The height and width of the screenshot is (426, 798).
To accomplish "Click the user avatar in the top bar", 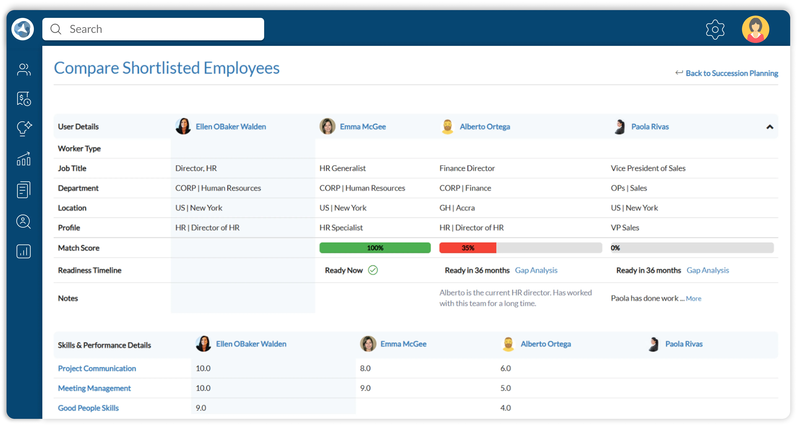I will [755, 29].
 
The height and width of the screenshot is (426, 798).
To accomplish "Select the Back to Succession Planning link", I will [732, 73].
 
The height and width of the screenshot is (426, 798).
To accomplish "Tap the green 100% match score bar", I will [375, 248].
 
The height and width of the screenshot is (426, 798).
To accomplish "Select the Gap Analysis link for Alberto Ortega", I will [536, 270].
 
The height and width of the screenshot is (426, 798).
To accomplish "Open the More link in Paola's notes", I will [693, 299].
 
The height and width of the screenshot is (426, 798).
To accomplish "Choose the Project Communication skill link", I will [97, 368].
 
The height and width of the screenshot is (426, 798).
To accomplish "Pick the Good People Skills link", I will [88, 408].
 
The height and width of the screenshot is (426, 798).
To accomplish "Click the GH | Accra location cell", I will [457, 208].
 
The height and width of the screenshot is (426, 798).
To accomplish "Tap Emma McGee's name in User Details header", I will [363, 127].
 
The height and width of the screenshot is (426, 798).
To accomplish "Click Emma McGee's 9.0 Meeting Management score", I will [365, 388].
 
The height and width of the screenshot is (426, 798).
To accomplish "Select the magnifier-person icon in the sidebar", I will [24, 221].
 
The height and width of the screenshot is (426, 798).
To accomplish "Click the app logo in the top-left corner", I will [23, 29].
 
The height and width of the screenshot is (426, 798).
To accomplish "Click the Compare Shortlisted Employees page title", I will [167, 68].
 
